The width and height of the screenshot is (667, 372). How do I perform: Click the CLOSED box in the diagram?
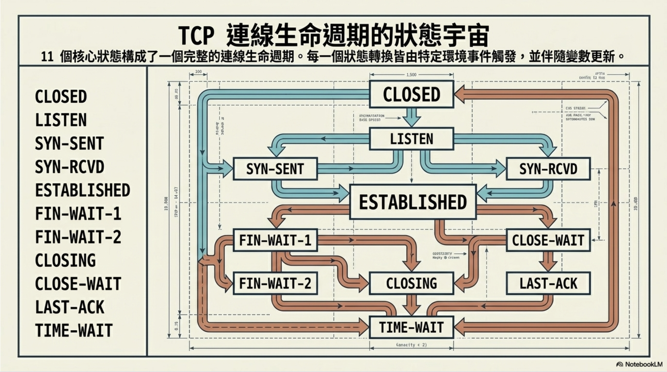[411, 94]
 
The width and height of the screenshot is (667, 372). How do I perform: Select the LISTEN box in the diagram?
[411, 139]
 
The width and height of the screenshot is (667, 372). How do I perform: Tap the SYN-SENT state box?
[275, 169]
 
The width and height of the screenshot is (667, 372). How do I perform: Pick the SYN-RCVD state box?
[548, 169]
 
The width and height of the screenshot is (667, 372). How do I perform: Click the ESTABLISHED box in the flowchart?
[413, 202]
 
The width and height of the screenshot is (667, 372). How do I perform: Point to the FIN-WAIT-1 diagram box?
[275, 240]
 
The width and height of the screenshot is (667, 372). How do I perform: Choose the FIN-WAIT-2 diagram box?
[275, 283]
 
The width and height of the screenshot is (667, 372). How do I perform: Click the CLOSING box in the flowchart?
[411, 283]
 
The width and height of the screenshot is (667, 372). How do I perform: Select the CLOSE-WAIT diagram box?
[548, 240]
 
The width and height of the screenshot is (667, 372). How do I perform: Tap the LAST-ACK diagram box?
[548, 283]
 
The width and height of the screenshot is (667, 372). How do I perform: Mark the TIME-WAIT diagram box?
[411, 327]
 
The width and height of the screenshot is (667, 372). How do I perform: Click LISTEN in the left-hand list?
[61, 120]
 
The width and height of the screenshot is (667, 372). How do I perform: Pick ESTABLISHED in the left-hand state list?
[82, 190]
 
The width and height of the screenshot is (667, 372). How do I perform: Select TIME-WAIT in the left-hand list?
[74, 330]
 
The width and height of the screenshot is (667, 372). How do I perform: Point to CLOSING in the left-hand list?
[65, 260]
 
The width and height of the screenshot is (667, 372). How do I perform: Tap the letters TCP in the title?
[196, 36]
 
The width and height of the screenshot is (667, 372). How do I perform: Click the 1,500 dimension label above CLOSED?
[411, 75]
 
